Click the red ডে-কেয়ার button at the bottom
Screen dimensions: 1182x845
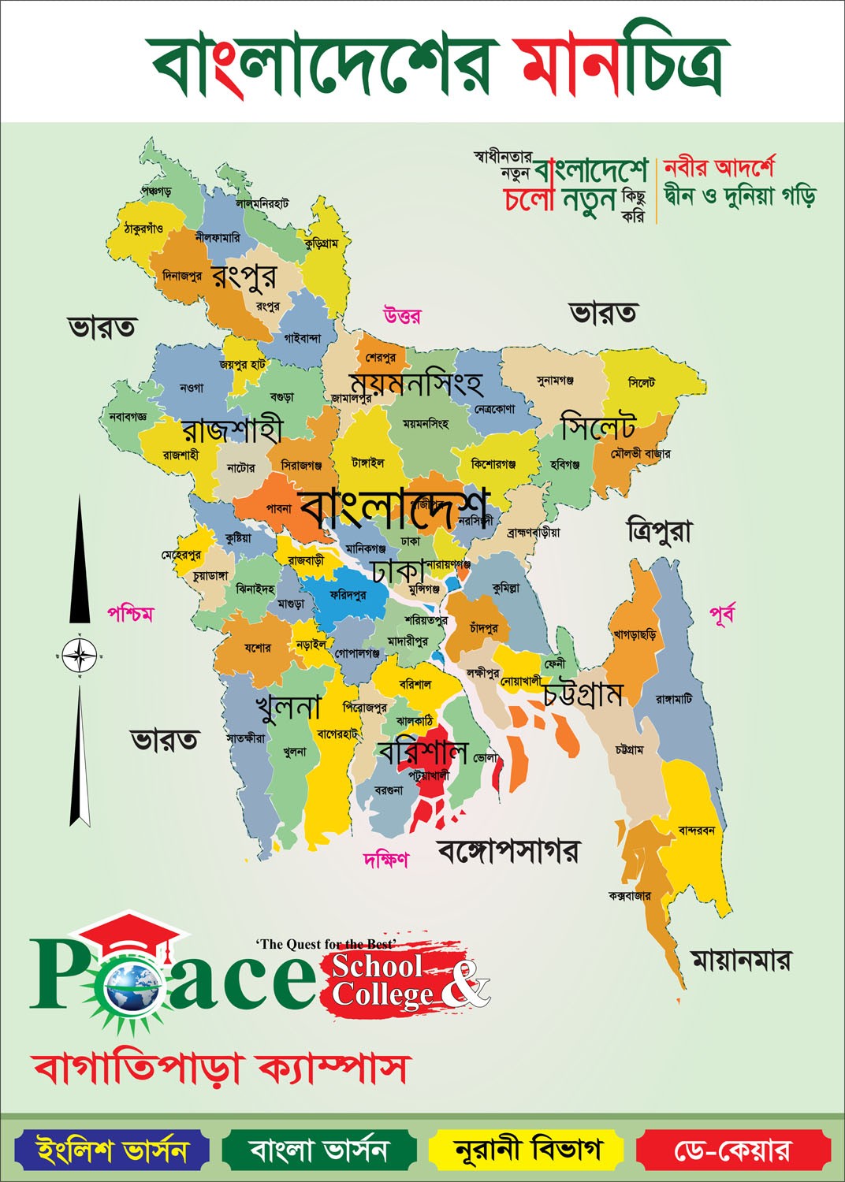coord(733,1150)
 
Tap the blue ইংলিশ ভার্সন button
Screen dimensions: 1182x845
coord(112,1150)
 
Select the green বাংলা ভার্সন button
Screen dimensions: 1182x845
coord(319,1150)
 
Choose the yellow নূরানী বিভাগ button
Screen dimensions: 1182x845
coord(527,1150)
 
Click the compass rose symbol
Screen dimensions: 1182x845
coord(80,654)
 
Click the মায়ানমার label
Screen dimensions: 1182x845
coord(740,961)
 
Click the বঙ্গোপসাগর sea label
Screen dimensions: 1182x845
coord(508,851)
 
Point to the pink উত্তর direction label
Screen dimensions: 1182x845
coord(402,316)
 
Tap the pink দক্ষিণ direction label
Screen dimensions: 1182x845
coord(385,859)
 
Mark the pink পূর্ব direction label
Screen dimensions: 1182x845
coord(722,614)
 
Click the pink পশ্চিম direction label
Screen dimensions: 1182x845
coord(131,614)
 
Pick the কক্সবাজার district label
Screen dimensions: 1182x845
coord(629,896)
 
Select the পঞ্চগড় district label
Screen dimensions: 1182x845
coord(156,191)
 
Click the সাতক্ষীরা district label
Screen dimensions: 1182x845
coord(246,738)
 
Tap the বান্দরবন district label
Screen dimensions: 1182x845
coord(696,830)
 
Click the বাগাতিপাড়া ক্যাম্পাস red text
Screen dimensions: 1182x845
coord(221,1069)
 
